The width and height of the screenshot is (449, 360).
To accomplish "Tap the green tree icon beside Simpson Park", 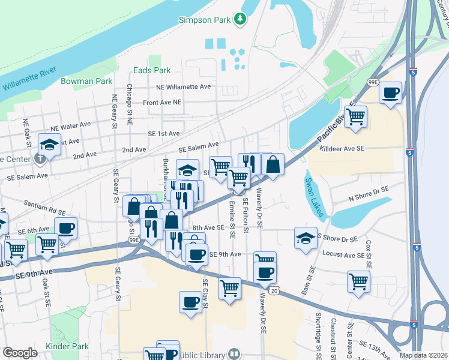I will click(x=241, y=19).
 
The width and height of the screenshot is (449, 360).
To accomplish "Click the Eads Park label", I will click(x=152, y=70).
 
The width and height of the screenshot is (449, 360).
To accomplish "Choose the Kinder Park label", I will click(x=67, y=346).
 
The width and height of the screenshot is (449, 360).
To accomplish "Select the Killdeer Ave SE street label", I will click(x=342, y=148).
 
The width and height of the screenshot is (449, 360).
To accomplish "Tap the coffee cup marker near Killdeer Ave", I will click(x=391, y=93).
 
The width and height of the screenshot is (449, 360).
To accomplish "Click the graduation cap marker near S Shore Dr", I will click(x=306, y=237).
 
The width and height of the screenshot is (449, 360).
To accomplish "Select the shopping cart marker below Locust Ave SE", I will click(x=358, y=280).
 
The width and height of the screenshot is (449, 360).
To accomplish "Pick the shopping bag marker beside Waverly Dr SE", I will click(x=273, y=164).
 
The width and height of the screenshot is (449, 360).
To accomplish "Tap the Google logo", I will click(x=20, y=353).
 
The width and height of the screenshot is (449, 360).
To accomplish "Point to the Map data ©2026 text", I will click(x=423, y=355).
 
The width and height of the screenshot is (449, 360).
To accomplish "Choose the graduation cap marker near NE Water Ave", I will click(x=49, y=144).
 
